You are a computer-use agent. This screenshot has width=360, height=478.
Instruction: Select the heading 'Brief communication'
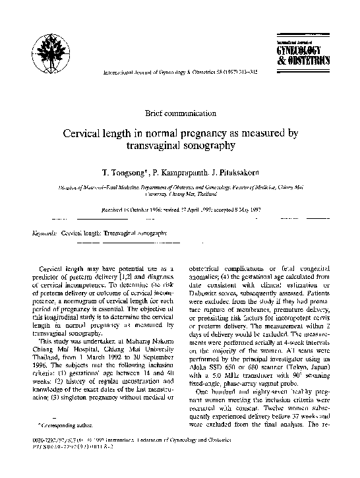click(x=180, y=114)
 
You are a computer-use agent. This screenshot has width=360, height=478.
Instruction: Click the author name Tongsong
click(x=123, y=171)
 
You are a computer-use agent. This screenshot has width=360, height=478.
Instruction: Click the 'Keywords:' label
click(x=45, y=234)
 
